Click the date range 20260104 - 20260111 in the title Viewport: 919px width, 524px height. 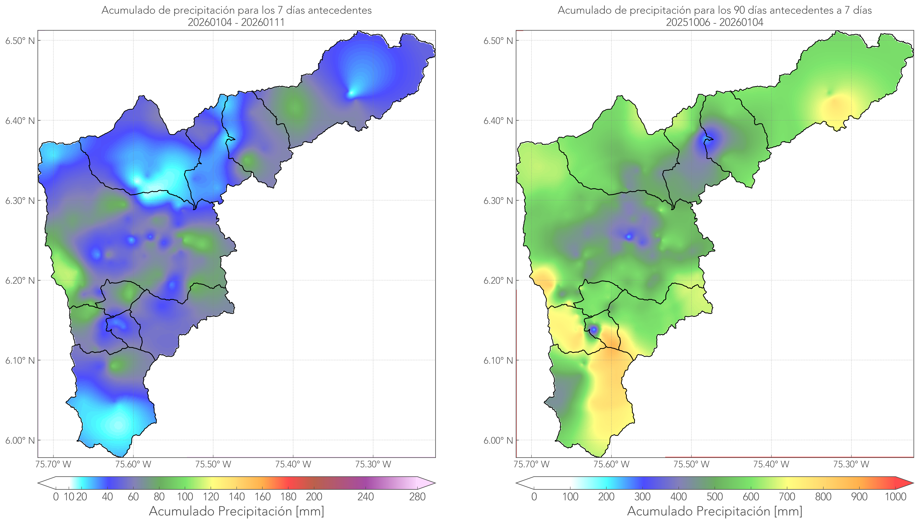tap(236, 22)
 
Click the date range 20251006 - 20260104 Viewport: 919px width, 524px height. tap(714, 22)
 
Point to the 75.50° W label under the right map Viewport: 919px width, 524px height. tap(691, 464)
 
